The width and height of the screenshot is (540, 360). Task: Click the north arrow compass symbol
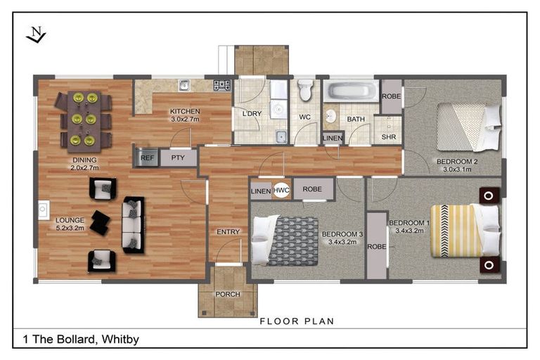pyautogui.click(x=36, y=35)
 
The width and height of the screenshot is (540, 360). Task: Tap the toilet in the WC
pyautogui.click(x=305, y=89)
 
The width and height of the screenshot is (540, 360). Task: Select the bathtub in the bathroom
pyautogui.click(x=351, y=91)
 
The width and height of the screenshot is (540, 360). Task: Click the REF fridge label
pyautogui.click(x=147, y=157)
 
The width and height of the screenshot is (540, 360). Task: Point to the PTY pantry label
pyautogui.click(x=178, y=157)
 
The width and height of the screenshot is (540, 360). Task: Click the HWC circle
pyautogui.click(x=281, y=190)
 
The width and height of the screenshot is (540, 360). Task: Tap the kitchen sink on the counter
pyautogui.click(x=184, y=85)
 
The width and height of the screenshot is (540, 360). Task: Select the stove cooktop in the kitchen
pyautogui.click(x=222, y=85)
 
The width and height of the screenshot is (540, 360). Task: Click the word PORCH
pyautogui.click(x=228, y=294)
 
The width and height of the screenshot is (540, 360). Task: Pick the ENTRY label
pyautogui.click(x=228, y=232)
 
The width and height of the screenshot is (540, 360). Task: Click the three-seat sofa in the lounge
pyautogui.click(x=134, y=224)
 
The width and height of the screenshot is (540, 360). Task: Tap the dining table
pyautogui.click(x=84, y=121)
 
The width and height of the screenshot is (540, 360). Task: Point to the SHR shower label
pyautogui.click(x=388, y=137)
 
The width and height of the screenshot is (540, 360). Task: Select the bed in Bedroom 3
pyautogui.click(x=285, y=240)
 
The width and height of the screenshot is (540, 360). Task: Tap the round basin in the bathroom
pyautogui.click(x=330, y=116)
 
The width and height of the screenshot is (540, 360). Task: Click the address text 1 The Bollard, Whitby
pyautogui.click(x=81, y=340)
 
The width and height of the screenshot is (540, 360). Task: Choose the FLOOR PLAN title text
pyautogui.click(x=297, y=321)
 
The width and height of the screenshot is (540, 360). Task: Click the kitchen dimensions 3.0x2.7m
pyautogui.click(x=185, y=120)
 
